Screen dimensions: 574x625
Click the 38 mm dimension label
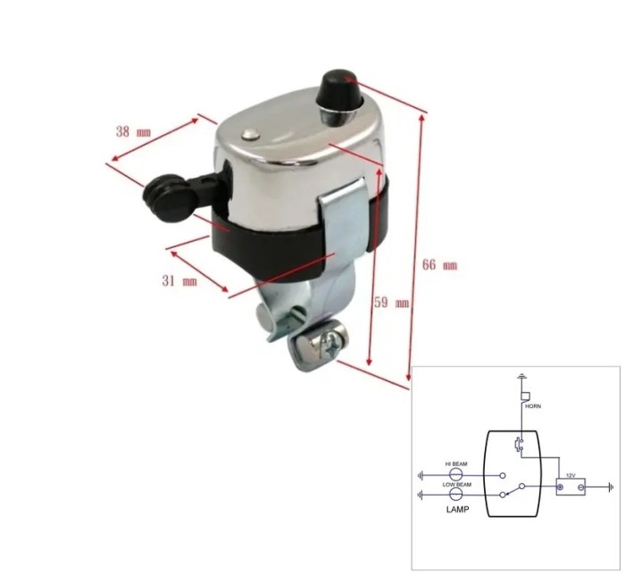point(133,131)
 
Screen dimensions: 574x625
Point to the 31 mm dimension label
point(179,280)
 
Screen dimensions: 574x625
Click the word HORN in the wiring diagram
point(533,404)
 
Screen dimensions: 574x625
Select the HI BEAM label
point(455,464)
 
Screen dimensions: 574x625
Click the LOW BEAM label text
point(455,483)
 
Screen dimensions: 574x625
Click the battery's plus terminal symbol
point(560,487)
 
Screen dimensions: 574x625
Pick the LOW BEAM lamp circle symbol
point(454,493)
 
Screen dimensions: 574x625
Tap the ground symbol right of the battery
point(609,487)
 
